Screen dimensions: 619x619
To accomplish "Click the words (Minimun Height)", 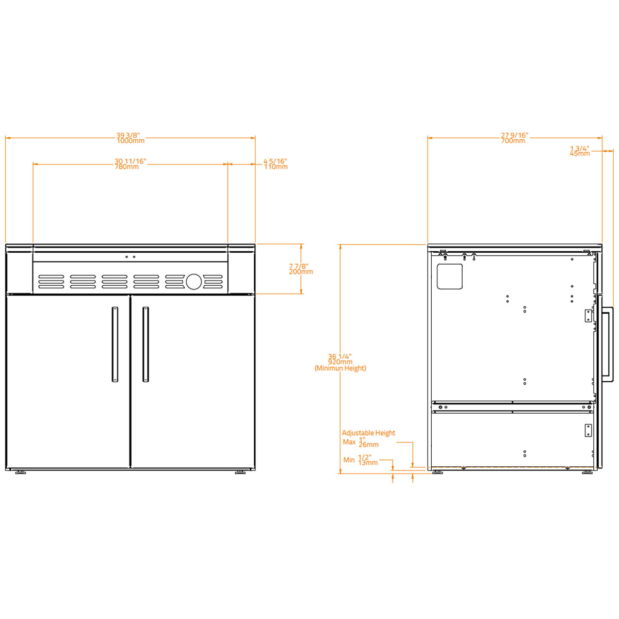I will click(x=340, y=368).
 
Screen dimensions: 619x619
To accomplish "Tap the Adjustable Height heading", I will click(x=368, y=433).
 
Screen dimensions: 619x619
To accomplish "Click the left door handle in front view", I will click(x=115, y=344).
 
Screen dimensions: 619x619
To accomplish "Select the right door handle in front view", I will click(x=145, y=344).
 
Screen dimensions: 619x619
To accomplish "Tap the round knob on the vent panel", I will click(x=193, y=281).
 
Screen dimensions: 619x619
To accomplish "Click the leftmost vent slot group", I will click(x=52, y=281).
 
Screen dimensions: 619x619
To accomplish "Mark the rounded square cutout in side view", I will click(x=450, y=276).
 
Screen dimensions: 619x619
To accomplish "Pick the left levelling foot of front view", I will click(x=21, y=472).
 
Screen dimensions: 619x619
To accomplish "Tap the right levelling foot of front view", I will click(x=240, y=472).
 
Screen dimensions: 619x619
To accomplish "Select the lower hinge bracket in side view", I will click(x=588, y=430).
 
